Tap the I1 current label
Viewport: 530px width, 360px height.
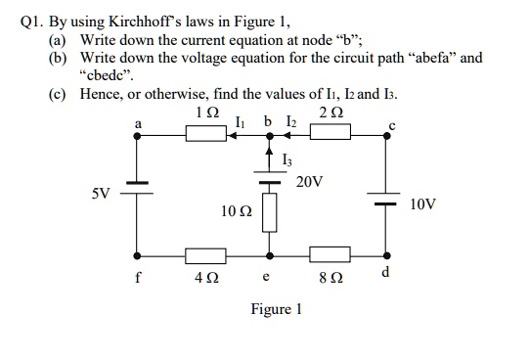(x=241, y=122)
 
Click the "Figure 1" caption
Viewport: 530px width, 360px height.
(x=277, y=309)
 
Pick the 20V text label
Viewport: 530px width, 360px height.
(x=309, y=182)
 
